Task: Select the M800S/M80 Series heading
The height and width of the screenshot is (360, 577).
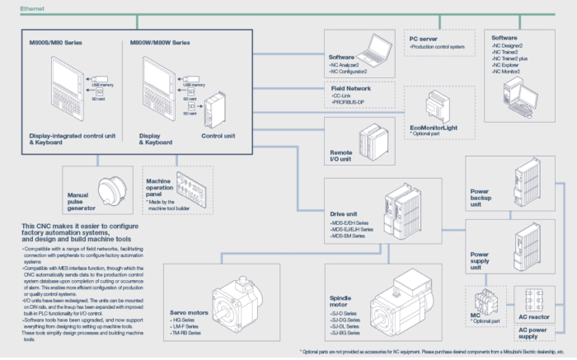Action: (x=56, y=42)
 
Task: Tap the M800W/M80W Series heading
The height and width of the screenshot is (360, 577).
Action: (x=160, y=42)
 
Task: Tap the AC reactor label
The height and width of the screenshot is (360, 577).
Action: (x=535, y=317)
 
